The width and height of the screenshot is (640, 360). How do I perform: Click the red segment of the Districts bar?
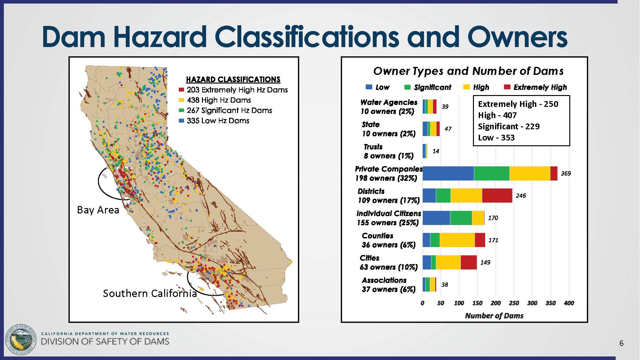coord(497,196)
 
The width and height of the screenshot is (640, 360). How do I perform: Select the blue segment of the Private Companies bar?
coord(448,173)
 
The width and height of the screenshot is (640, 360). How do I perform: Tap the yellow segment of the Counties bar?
coord(457,240)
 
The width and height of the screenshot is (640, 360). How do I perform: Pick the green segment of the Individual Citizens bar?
coord(461,218)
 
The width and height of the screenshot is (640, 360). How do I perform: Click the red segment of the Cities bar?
coord(468,262)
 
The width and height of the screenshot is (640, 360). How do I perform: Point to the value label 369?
coord(566,173)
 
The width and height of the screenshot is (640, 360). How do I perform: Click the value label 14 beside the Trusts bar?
coord(436,151)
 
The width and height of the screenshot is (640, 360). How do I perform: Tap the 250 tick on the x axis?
coord(514,303)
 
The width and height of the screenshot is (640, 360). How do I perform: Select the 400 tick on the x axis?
coord(569,303)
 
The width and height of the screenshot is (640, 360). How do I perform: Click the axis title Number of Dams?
coord(494,316)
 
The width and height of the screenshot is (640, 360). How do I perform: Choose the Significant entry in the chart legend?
coord(428,87)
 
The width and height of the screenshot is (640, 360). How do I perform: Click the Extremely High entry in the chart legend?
coord(535,87)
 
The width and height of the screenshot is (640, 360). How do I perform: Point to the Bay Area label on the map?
coord(98,210)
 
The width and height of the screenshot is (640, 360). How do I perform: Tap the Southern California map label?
coord(150,293)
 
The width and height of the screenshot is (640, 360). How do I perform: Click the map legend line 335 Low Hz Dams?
coord(214,121)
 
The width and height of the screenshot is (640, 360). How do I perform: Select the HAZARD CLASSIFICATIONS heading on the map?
coord(233,79)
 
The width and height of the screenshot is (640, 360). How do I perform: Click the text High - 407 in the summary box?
coord(497,115)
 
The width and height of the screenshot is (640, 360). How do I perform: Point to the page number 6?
coord(621,343)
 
